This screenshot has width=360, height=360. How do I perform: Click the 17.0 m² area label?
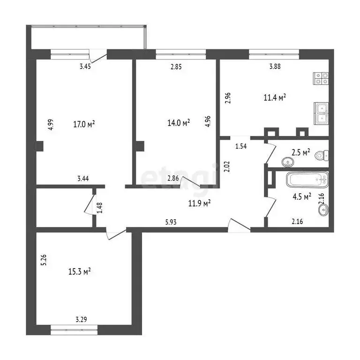click(x=85, y=124)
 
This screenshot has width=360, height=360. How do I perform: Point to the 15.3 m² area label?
click(x=80, y=271)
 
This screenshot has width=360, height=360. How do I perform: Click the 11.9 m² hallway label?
click(x=199, y=203)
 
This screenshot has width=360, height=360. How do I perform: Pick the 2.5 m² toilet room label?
click(x=300, y=152)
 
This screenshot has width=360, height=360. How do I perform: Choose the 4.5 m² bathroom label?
click(x=301, y=197)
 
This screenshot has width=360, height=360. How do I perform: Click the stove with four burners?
click(x=321, y=78)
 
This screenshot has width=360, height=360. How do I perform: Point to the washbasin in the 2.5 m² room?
click(x=286, y=162)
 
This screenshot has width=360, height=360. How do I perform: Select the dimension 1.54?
click(x=240, y=146)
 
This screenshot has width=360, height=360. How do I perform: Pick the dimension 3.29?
click(x=82, y=320)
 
